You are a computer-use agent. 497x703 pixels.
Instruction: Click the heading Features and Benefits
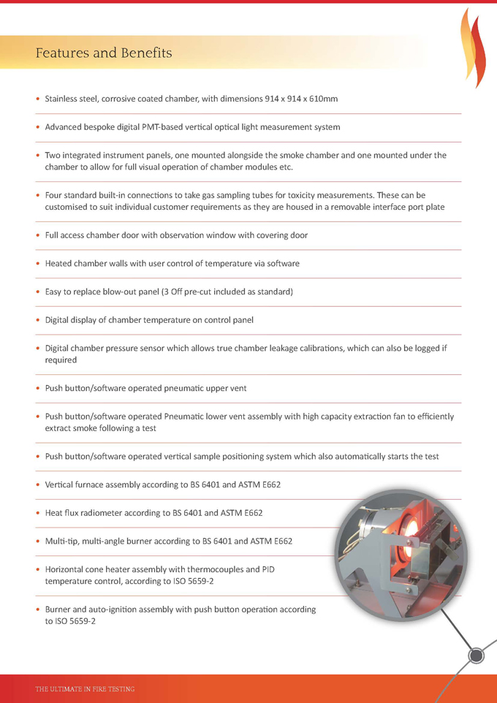pos(104,53)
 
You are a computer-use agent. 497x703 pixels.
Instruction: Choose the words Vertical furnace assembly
pos(94,484)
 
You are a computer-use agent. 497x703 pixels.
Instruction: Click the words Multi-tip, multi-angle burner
pos(105,541)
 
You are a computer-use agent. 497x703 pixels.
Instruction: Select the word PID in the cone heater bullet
pos(268,570)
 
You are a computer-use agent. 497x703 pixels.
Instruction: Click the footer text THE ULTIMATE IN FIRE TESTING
pos(85,689)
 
